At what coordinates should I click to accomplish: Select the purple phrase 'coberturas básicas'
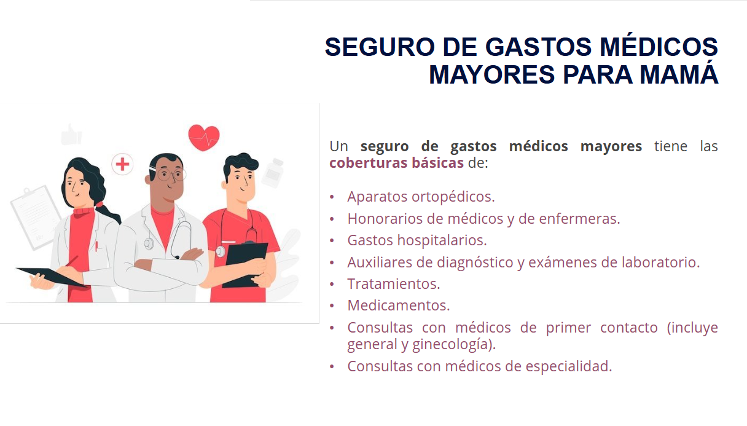point(396,163)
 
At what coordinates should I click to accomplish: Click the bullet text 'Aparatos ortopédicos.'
point(421,197)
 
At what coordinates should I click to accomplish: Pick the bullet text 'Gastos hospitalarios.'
point(417,240)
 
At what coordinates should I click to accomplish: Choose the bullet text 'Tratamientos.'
point(394,284)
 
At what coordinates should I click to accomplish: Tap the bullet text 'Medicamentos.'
point(399,306)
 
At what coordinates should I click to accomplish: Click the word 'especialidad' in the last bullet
point(566,366)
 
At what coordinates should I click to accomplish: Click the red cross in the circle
point(122,164)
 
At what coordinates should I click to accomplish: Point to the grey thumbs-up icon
point(71,135)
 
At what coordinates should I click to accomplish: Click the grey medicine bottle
point(273,173)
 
